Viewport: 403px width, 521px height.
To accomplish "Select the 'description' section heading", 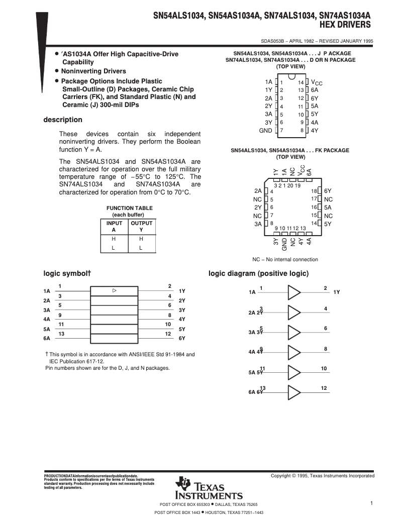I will tap(62, 120).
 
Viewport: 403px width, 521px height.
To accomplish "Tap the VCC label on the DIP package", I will tap(317, 82).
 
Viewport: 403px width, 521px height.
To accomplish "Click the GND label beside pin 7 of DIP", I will tap(265, 131).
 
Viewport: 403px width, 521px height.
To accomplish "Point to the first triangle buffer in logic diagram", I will tap(294, 292).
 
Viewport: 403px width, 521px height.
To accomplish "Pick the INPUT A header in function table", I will tap(113, 226).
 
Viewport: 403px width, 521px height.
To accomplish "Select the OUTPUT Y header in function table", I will tap(141, 226).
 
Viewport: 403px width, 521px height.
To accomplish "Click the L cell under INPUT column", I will tap(113, 248).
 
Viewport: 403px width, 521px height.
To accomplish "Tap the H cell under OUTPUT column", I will tap(141, 239).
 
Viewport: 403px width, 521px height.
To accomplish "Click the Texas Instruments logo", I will tap(208, 488).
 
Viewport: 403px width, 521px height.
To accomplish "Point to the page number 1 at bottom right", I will tap(371, 503).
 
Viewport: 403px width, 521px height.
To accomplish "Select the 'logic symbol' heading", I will tap(66, 274).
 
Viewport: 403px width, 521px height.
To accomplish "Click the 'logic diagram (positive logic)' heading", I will tap(258, 274).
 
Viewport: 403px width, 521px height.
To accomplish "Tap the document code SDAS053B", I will tap(273, 42).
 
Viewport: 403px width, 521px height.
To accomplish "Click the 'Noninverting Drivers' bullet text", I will tap(93, 71).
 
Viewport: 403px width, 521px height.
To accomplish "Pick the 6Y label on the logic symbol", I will tap(182, 338).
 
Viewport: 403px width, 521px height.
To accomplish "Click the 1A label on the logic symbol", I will tap(47, 291).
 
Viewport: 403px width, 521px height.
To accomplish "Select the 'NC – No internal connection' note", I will tap(285, 260).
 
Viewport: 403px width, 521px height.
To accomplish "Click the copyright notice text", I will tap(322, 476).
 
